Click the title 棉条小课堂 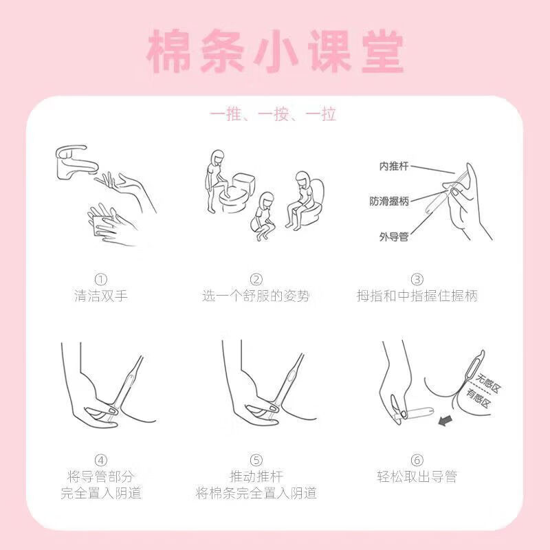pos(275,51)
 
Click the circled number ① pos(101,280)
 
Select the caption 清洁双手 pos(101,296)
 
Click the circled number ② pos(256,280)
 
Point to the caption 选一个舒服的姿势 pos(256,296)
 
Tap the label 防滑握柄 pos(389,201)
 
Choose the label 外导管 pos(394,236)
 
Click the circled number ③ pos(417,280)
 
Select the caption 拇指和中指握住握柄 pos(417,296)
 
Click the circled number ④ pos(101,460)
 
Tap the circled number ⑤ pos(256,460)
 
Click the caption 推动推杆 pos(256,476)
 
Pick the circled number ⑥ pos(417,460)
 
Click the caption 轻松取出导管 pos(417,476)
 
